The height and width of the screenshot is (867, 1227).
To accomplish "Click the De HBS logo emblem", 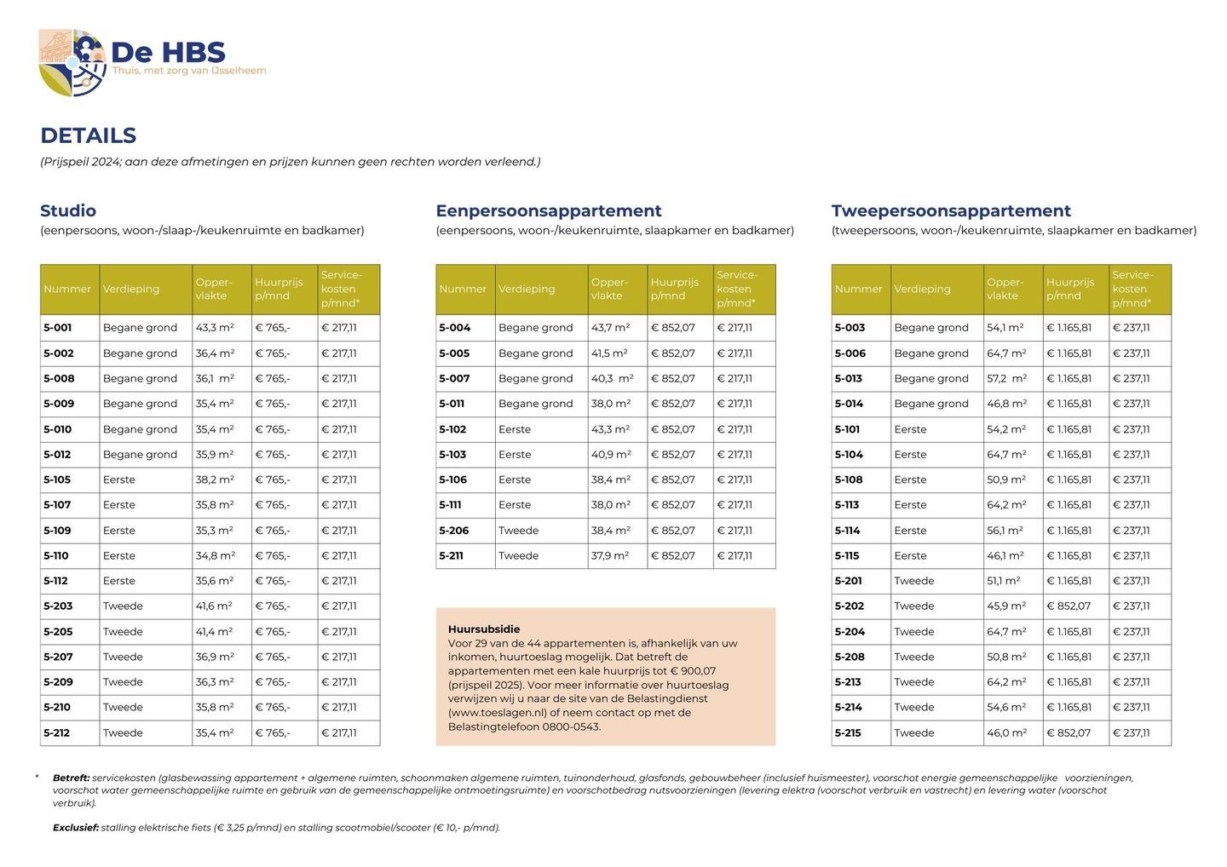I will click(72, 62).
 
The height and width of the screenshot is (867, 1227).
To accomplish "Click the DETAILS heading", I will click(88, 135).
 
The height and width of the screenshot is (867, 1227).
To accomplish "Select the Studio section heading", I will click(68, 210).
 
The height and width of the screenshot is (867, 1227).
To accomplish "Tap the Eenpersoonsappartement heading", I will click(548, 210).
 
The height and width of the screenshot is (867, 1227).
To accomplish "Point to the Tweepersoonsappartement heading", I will click(951, 210).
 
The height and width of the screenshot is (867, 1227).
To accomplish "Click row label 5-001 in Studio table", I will click(58, 328).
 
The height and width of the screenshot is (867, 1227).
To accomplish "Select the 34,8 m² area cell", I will click(215, 555).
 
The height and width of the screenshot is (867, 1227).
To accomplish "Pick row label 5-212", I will click(57, 732).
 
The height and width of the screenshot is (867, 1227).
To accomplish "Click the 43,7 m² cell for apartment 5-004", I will click(610, 328).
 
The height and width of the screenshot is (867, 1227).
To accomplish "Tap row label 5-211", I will click(451, 555).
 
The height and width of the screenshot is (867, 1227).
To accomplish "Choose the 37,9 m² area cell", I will click(609, 555).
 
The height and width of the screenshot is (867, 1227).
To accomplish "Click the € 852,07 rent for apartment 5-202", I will click(1069, 606).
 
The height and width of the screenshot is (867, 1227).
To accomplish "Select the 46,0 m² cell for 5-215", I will click(1006, 732).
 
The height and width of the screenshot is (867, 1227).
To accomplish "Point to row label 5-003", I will click(850, 328).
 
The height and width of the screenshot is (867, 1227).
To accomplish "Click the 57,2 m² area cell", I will click(1006, 378).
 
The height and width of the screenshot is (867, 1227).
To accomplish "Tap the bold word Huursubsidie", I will click(483, 629).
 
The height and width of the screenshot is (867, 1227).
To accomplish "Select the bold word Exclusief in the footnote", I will click(76, 827).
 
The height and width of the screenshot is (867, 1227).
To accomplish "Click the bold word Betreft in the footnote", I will click(71, 778).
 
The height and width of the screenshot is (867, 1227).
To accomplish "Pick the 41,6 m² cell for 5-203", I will click(214, 606).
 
